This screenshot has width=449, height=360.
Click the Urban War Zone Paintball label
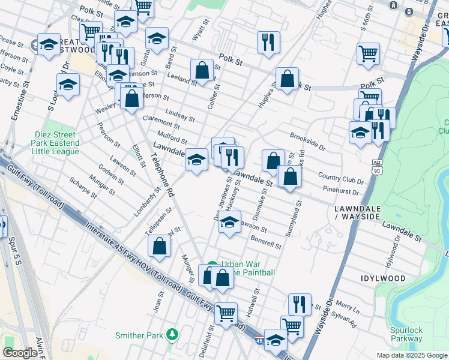pos(248,268)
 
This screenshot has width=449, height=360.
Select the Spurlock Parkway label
pos(406,334)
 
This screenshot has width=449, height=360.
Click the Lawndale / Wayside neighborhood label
pos(355,211)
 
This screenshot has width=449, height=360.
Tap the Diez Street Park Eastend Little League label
pos(56,143)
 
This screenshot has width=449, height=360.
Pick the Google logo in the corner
pos(20,353)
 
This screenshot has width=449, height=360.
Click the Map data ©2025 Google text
pos(411,355)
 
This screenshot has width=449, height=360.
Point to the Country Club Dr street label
pos(340,178)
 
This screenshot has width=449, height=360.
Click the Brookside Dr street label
pos(307,143)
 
